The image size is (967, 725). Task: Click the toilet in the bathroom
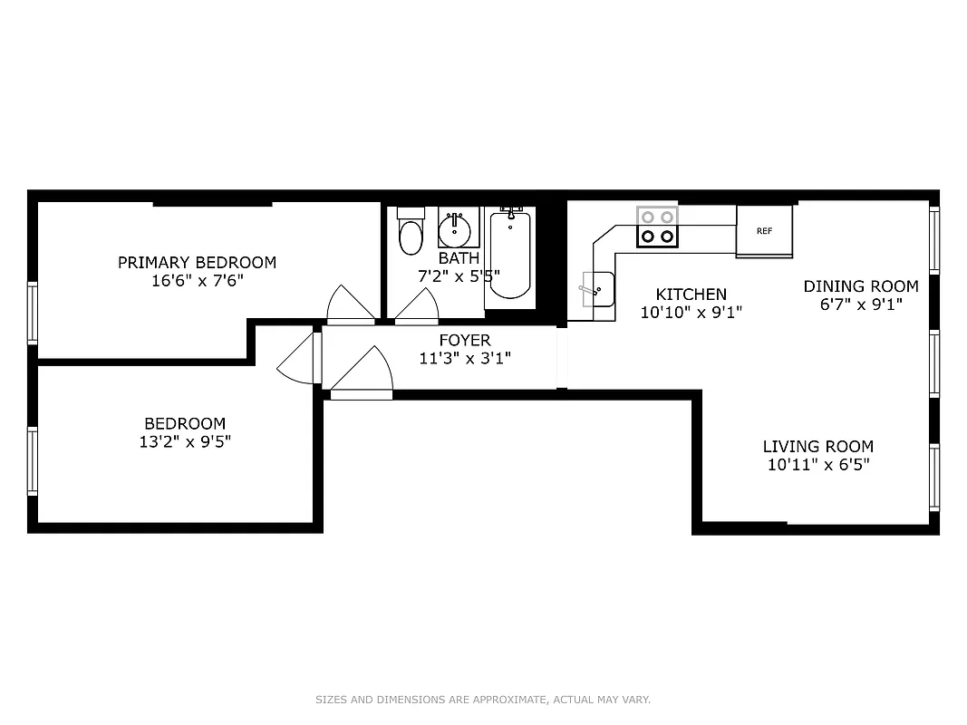coord(411,232)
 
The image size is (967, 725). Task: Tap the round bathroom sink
coord(457,228)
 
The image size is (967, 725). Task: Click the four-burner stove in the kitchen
coord(657,227)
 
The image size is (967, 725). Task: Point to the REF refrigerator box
coord(764,231)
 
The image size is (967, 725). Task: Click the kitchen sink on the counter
coord(596,290)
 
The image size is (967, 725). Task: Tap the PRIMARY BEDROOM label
coord(197,263)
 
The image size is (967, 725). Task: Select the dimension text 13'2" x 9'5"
coord(185,442)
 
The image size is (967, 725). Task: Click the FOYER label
coord(465,340)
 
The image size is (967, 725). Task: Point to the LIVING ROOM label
coord(817,446)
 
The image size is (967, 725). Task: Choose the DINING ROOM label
coord(861,286)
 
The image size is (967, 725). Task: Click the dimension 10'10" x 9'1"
coord(691,313)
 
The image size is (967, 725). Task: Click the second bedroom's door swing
coord(297,362)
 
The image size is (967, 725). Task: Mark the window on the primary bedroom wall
coord(33,313)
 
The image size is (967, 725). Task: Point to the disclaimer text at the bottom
coord(483,700)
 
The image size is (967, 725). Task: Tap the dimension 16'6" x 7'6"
coord(197,281)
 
